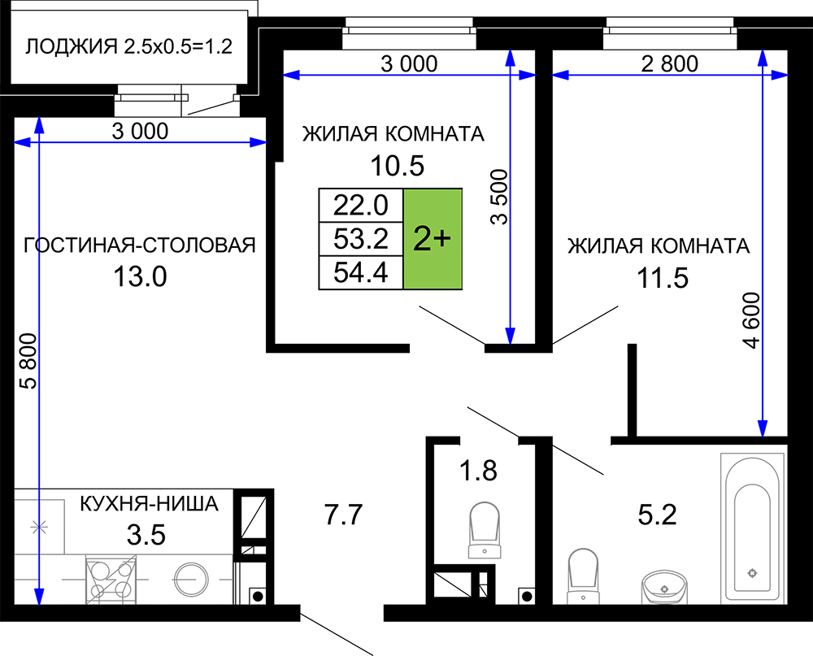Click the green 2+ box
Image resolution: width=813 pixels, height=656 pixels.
[433, 238]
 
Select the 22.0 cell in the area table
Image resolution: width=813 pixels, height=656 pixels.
[361, 206]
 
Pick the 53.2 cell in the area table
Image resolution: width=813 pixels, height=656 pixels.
[361, 238]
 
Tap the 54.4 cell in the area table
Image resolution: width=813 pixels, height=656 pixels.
[361, 272]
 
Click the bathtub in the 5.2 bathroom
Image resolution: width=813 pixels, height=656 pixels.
[752, 528]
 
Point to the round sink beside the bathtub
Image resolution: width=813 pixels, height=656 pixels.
[665, 588]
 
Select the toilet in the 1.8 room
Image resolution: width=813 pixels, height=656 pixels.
[485, 530]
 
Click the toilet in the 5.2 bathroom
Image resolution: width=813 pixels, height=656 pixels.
[583, 576]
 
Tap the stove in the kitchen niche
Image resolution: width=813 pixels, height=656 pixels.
[111, 580]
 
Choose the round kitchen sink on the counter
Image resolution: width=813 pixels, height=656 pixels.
[191, 580]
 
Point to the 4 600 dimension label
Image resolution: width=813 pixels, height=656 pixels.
[751, 320]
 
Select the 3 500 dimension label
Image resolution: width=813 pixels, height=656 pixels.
[499, 197]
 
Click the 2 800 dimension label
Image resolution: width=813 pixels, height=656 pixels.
[669, 63]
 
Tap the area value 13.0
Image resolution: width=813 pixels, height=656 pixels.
[140, 276]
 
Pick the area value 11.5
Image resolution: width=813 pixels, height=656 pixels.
[663, 279]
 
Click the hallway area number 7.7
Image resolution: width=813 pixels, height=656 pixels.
[343, 515]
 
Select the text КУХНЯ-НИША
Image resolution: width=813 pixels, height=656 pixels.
[150, 503]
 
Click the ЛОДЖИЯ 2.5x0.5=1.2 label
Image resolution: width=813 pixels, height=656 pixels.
[128, 46]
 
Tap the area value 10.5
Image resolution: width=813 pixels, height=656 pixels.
[398, 166]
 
